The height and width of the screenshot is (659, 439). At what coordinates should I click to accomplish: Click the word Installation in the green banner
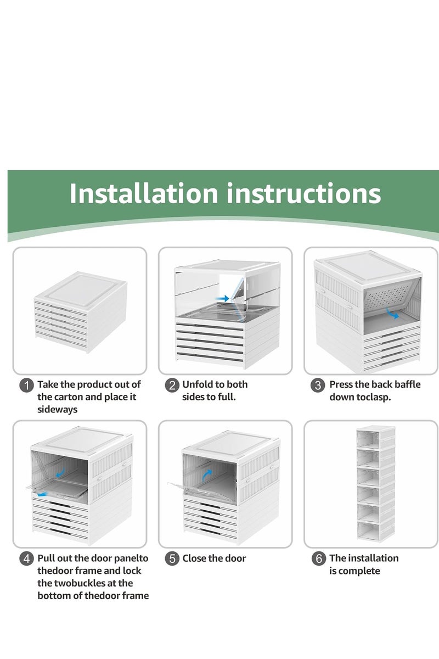[x=143, y=193]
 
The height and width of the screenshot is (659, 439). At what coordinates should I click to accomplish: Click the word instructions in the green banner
[x=304, y=193]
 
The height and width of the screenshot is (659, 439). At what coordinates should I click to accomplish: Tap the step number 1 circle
[x=26, y=386]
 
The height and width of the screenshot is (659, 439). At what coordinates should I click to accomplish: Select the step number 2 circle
[x=172, y=386]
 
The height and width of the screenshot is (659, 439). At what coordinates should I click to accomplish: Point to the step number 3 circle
[x=318, y=386]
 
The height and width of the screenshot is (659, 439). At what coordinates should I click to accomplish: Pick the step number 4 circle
[x=26, y=559]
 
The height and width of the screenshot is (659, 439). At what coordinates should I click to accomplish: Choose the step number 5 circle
[x=172, y=559]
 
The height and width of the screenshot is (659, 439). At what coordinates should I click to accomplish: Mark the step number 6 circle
[x=318, y=559]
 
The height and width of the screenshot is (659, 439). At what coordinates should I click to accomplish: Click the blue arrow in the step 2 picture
[x=222, y=298]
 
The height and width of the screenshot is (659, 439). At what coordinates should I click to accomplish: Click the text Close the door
[x=214, y=559]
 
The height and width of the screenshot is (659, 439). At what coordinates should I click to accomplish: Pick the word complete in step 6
[x=360, y=571]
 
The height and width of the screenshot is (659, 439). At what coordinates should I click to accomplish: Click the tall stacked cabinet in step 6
[x=375, y=483]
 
